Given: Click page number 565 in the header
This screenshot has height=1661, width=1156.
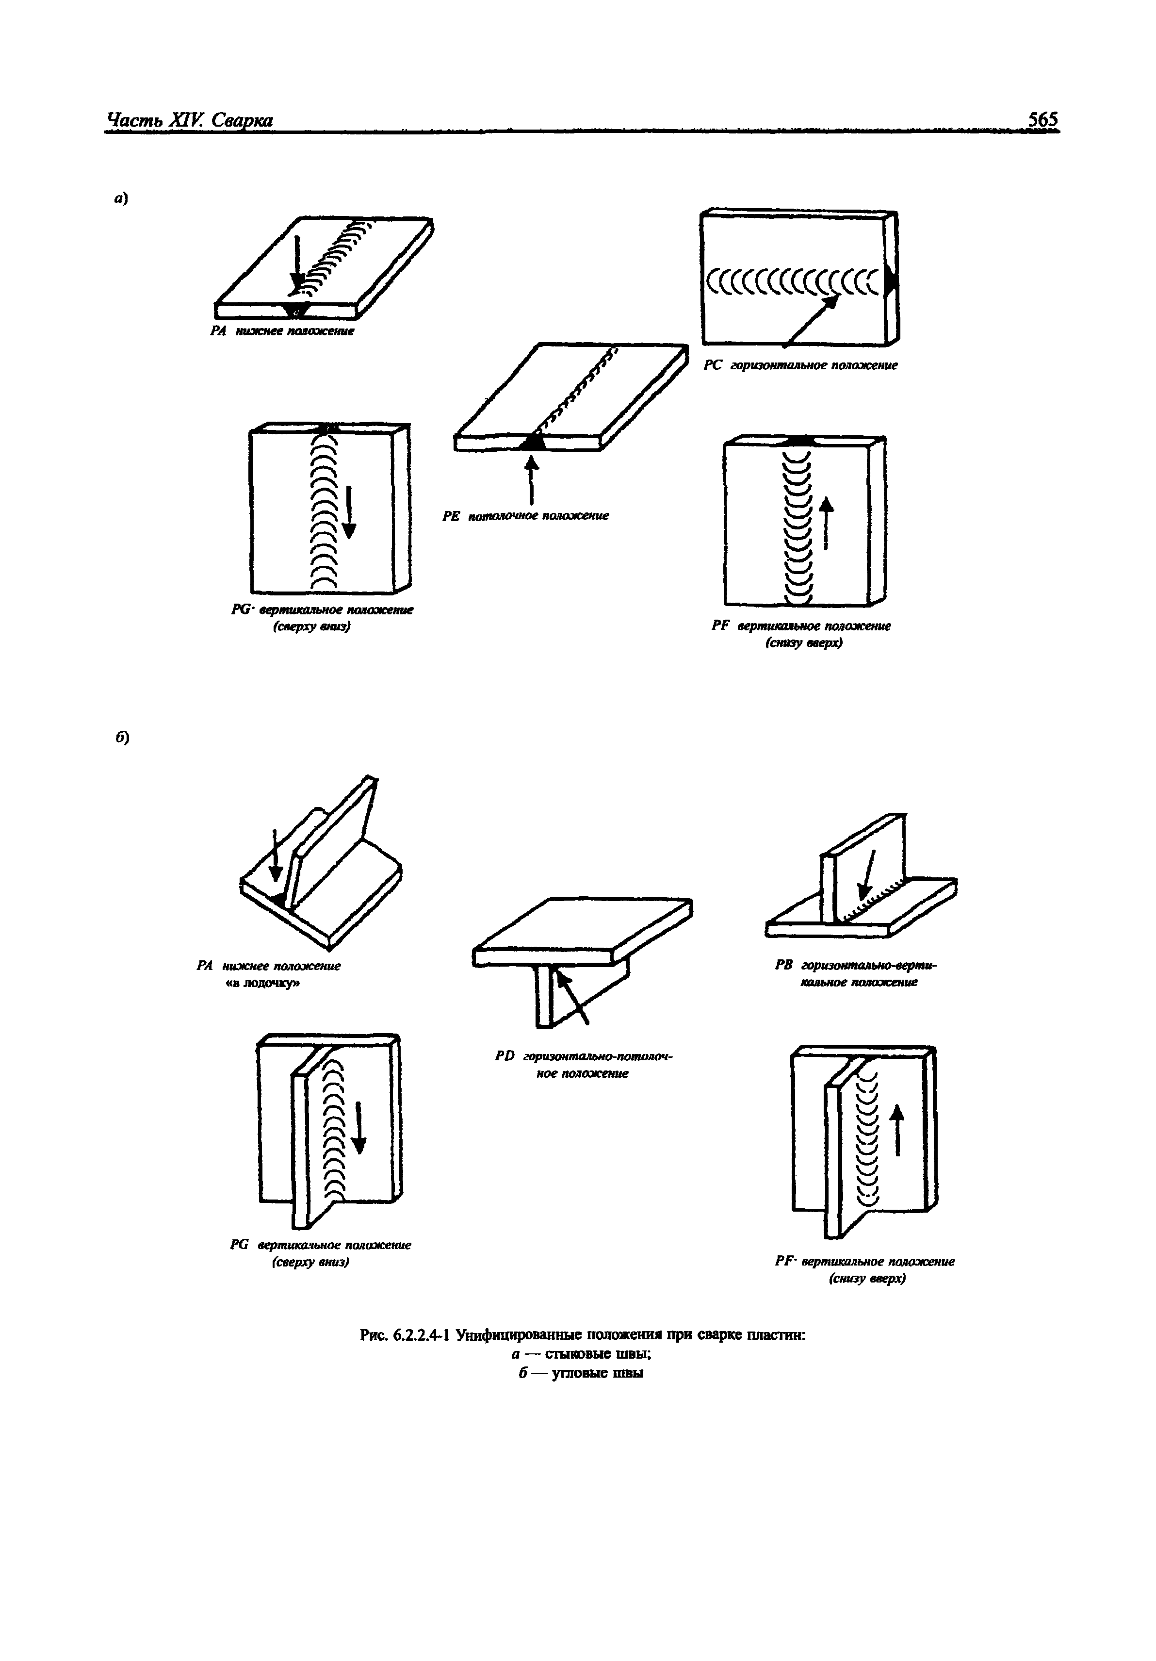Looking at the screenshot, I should pos(1042,119).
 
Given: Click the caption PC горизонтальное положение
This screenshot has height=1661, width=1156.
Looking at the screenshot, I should pos(800,366).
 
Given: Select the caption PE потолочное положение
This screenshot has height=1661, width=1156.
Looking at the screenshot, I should pos(525,516).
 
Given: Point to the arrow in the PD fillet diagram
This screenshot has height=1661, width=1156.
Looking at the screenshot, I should pos(573,996).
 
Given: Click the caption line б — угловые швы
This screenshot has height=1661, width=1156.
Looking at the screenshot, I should pos(581,1372).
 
